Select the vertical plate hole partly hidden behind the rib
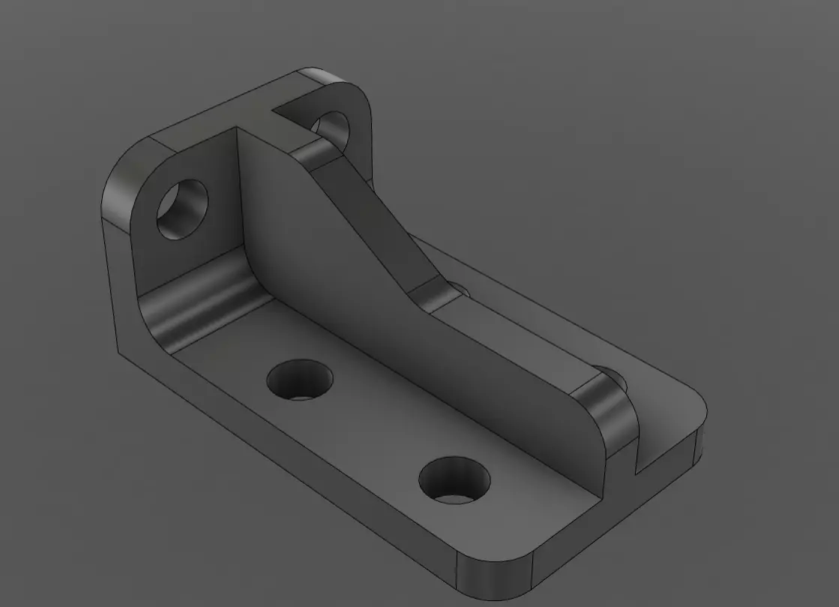[x=332, y=126]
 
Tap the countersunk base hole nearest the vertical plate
[x=301, y=379]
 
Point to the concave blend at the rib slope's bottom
[x=431, y=294]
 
